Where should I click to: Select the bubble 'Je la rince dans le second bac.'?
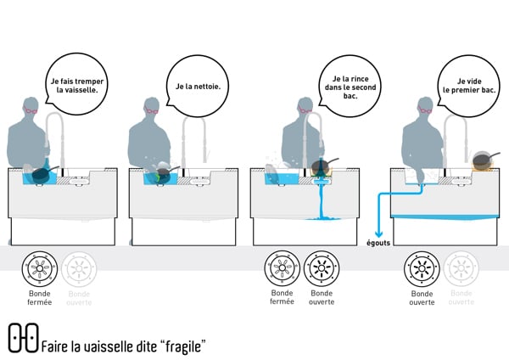[345, 87]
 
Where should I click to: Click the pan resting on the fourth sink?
[483, 160]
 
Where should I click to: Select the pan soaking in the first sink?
[40, 173]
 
